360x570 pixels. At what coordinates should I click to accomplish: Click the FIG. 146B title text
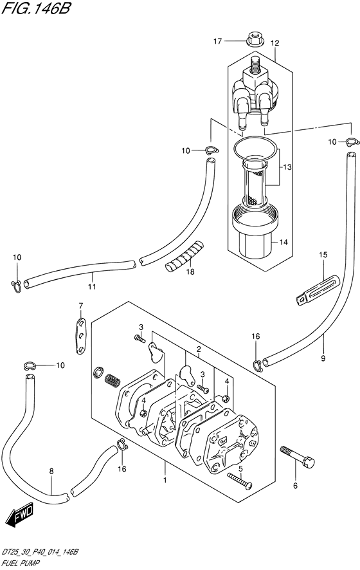(35, 8)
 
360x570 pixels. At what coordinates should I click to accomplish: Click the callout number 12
(274, 43)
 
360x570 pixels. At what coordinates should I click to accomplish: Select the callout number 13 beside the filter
(287, 167)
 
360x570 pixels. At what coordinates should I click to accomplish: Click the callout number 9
(323, 358)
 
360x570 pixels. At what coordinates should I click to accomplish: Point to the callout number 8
(51, 471)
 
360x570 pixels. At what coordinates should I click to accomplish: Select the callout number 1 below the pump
(165, 481)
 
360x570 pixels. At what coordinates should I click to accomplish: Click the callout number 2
(199, 350)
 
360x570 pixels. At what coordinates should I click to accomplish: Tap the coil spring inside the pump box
(113, 381)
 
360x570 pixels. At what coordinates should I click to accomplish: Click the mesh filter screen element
(255, 187)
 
